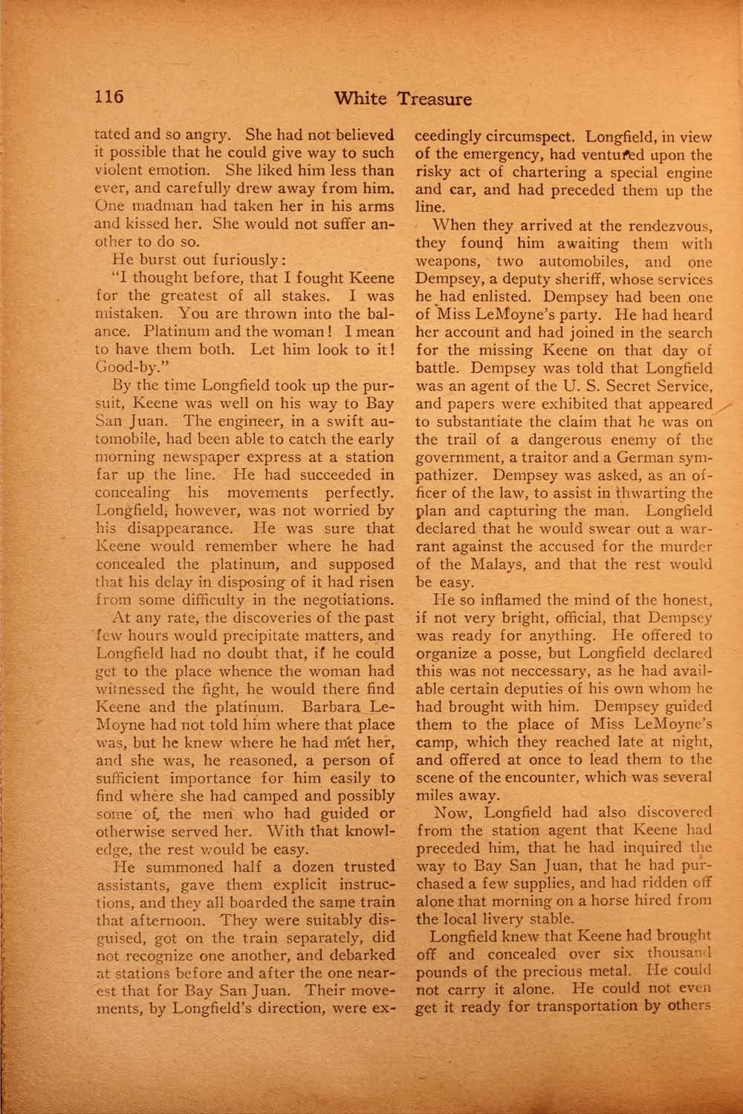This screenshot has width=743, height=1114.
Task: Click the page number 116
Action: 108,97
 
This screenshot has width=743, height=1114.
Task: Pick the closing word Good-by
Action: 124,367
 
